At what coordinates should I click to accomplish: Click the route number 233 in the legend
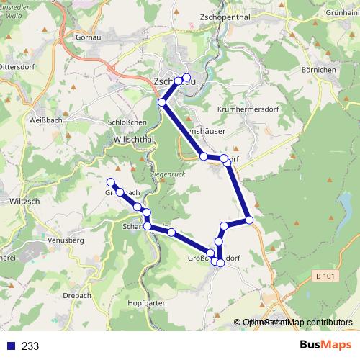coord(30,346)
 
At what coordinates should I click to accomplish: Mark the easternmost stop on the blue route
coord(248,219)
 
